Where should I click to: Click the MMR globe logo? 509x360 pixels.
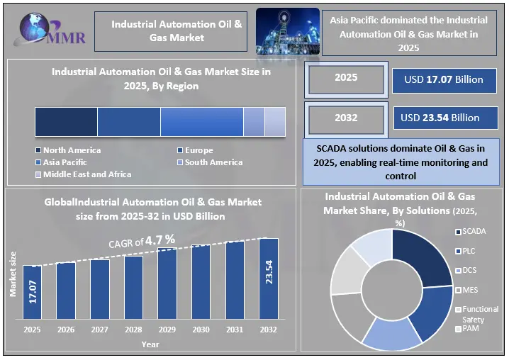click(50, 29)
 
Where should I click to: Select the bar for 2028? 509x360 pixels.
click(133, 287)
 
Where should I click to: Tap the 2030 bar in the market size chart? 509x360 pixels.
click(201, 282)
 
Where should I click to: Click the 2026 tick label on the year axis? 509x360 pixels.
click(66, 330)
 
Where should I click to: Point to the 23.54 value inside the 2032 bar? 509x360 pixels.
click(269, 272)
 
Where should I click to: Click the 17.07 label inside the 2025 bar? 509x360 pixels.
click(33, 292)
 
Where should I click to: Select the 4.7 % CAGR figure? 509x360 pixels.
click(160, 240)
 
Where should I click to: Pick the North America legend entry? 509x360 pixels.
click(68, 150)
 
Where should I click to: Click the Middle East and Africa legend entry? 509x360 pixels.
click(84, 174)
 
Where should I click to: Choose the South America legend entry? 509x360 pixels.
click(210, 162)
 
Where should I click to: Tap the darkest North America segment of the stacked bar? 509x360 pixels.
click(66, 122)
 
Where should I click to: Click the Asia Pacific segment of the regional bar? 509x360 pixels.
click(202, 122)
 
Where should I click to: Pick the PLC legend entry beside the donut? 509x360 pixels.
click(465, 251)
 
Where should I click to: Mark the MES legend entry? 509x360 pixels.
click(466, 290)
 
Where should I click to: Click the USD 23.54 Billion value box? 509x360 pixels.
click(445, 118)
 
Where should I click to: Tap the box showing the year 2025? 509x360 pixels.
click(346, 79)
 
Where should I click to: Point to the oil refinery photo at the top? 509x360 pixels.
click(288, 31)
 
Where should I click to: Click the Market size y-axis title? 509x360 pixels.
click(13, 274)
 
